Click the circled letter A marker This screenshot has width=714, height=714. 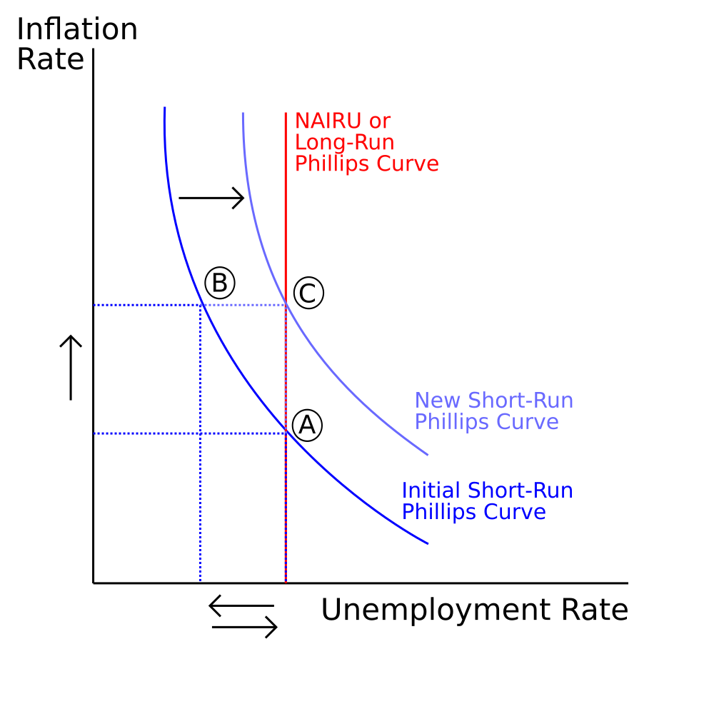coord(307,426)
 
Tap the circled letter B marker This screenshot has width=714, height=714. coord(220,283)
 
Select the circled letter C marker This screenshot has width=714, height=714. coord(308,293)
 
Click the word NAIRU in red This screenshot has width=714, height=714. coord(328,121)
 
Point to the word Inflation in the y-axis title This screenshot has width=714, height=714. coord(77,29)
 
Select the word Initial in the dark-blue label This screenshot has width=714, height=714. coord(431,491)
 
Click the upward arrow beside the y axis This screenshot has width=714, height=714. coord(71,368)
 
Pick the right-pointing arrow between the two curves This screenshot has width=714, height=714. coord(212,198)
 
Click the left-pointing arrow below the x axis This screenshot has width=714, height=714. coord(241,605)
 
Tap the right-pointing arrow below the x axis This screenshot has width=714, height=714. coord(244,628)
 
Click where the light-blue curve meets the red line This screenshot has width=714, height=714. coord(286,303)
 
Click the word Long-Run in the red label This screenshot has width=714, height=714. coord(345,143)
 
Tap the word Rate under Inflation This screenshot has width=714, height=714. coord(51,59)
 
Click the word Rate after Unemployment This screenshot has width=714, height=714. coord(595,610)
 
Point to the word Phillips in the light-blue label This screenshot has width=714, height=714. coord(452,422)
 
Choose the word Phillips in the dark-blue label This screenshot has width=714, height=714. coord(439,512)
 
